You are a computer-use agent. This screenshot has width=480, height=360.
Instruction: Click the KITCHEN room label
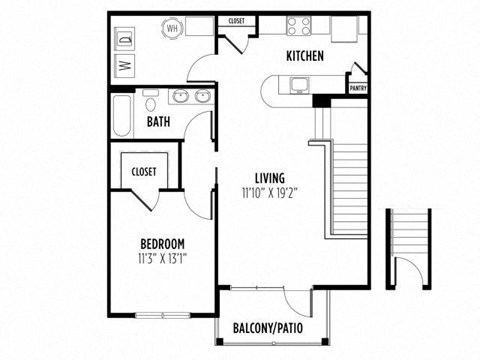(304, 56)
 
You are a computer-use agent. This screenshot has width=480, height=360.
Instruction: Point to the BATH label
(158, 122)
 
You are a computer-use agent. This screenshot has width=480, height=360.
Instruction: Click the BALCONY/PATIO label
(267, 328)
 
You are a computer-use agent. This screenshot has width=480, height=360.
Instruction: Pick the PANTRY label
(356, 88)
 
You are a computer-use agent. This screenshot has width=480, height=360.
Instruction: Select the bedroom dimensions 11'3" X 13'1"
(161, 259)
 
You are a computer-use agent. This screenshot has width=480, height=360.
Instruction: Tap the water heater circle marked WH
(170, 28)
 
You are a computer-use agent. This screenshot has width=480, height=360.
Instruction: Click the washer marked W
(126, 66)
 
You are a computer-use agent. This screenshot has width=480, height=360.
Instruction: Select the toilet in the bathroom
(151, 102)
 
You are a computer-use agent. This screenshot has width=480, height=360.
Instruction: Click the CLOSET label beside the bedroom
(143, 172)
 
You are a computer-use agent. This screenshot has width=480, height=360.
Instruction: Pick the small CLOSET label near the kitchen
(237, 21)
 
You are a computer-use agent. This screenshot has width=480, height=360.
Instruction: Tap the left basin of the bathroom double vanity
(180, 97)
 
